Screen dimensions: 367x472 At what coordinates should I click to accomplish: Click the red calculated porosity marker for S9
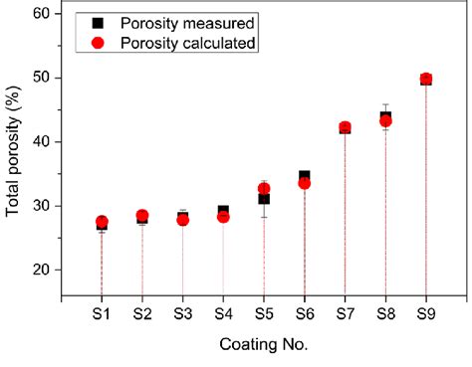click(x=426, y=79)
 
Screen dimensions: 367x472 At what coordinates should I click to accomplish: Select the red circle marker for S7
click(x=345, y=127)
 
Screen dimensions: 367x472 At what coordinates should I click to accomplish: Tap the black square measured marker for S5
click(x=264, y=199)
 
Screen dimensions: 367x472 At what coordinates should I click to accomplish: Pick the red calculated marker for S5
click(x=264, y=188)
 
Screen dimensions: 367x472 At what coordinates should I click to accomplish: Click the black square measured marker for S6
click(x=305, y=176)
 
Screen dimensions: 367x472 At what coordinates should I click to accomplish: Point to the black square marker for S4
click(x=223, y=210)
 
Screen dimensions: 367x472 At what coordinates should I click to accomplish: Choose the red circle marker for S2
click(x=142, y=216)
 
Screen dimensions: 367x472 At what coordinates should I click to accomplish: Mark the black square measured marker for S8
click(x=385, y=116)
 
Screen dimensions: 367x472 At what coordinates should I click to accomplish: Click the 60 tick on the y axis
click(x=42, y=14)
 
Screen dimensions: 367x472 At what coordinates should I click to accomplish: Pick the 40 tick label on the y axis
click(x=42, y=142)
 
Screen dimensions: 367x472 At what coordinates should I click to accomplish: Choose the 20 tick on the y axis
click(x=42, y=270)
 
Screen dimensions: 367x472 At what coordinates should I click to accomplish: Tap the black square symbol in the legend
click(x=96, y=22)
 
